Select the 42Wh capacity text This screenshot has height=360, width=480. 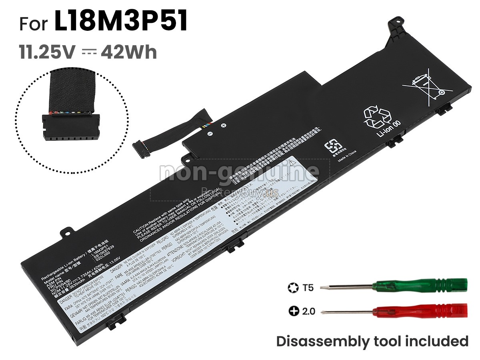point(129,52)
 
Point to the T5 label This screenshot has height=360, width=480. point(308,287)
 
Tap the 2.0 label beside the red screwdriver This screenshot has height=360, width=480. point(309,310)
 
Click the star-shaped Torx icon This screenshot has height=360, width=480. point(292,287)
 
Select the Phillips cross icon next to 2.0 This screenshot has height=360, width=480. point(294,310)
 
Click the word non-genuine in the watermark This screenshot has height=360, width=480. point(239,172)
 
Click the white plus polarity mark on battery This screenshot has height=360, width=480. point(224,126)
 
